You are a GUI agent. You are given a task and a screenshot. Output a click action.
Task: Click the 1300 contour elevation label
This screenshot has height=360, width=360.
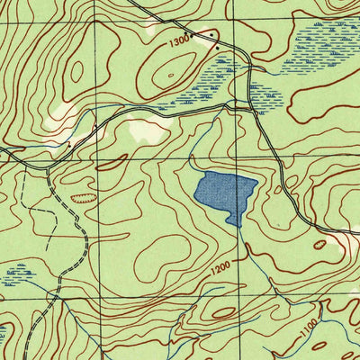pyautogui.click(x=179, y=40)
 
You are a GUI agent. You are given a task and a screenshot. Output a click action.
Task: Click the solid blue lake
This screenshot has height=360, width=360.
pyautogui.click(x=225, y=193)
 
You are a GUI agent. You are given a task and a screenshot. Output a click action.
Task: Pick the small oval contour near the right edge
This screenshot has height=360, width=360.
pyautogui.click(x=319, y=243)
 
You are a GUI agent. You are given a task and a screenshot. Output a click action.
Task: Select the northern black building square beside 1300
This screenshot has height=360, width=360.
pyautogui.click(x=212, y=34)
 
